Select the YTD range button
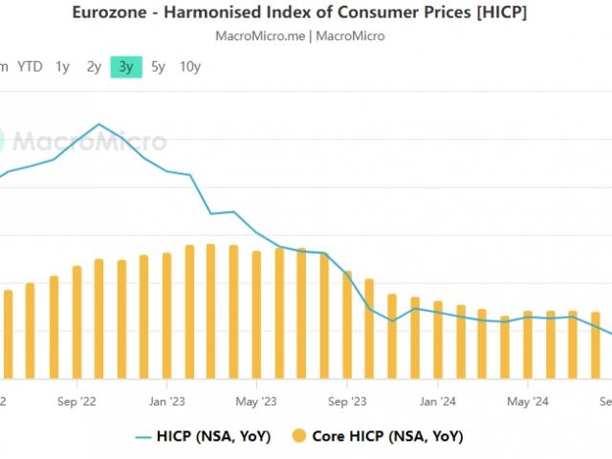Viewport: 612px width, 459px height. coord(30,67)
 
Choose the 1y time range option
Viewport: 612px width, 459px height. coord(62,67)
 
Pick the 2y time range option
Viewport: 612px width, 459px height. coord(94,67)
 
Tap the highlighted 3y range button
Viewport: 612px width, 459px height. coord(126,67)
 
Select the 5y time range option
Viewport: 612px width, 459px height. coord(158,67)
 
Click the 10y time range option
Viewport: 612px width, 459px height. coord(190,67)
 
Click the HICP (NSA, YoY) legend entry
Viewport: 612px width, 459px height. coord(202,436)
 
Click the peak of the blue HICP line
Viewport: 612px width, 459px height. coord(98,124)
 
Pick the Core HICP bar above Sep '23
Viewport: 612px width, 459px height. coord(347,315)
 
